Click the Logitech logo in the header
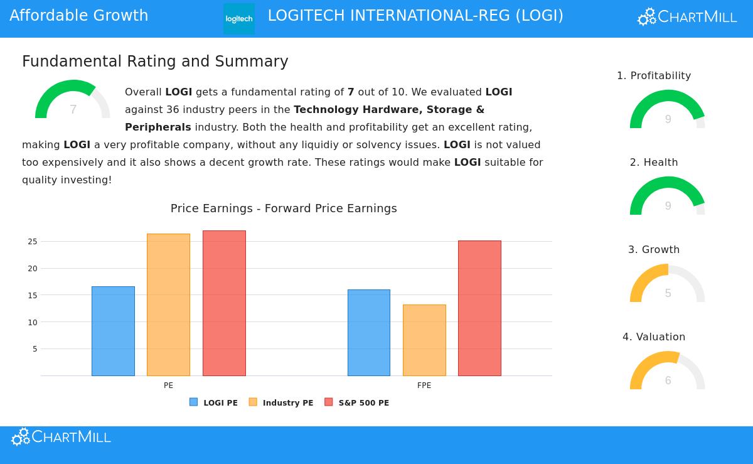pos(239,19)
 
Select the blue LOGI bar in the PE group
pos(113,331)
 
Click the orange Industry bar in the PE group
pos(168,305)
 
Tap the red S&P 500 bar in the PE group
pos(224,303)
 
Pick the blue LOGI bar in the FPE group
pos(369,333)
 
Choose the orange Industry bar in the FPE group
pos(424,340)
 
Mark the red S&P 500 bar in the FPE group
pos(479,308)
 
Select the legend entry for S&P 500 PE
pos(357,402)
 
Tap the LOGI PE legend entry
pos(214,402)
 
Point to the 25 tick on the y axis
pos(33,242)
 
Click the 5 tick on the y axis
pos(35,349)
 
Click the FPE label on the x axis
pos(424,386)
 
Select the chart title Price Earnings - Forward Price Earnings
pos(284,208)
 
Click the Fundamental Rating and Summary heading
pos(155,62)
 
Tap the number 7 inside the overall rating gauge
pos(73,110)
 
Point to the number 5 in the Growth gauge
pos(668,293)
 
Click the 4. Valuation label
pos(654,337)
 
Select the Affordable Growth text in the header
pos(79,16)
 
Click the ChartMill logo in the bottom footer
pos(61,437)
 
